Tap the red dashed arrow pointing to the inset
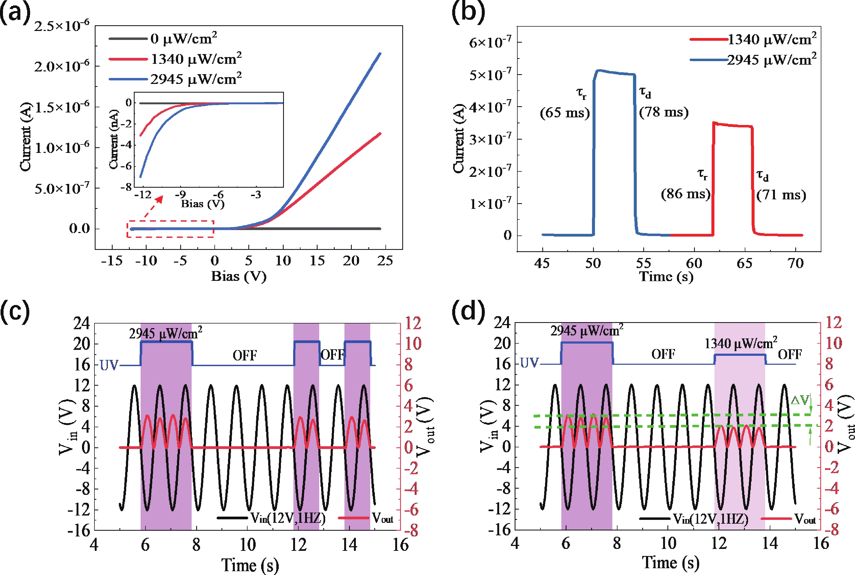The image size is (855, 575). (153, 207)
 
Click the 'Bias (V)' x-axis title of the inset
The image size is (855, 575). (203, 204)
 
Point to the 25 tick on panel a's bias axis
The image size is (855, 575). (385, 261)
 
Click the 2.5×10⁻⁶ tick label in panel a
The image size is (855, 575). (62, 26)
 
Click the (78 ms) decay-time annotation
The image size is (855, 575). (664, 112)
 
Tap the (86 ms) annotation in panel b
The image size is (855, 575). (686, 194)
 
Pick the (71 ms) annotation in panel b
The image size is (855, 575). (781, 195)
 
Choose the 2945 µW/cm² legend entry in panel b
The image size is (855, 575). (771, 60)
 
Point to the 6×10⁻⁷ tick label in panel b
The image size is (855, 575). (490, 43)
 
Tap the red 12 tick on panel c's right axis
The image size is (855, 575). (413, 323)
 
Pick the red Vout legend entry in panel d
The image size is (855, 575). (805, 519)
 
